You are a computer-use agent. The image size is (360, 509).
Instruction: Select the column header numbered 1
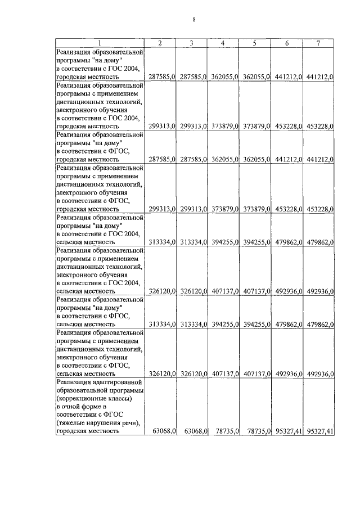click(100, 44)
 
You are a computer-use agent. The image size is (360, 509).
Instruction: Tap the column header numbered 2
click(160, 44)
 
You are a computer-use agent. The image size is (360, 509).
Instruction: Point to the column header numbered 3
click(192, 44)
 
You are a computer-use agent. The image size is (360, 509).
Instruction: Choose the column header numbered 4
click(223, 44)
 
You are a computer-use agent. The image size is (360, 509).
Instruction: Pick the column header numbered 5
click(255, 44)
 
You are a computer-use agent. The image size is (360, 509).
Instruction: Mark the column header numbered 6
click(287, 44)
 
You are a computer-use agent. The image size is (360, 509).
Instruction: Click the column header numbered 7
click(318, 44)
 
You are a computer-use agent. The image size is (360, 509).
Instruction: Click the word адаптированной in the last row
click(116, 382)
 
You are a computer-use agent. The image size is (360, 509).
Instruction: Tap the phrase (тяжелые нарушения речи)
click(98, 423)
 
